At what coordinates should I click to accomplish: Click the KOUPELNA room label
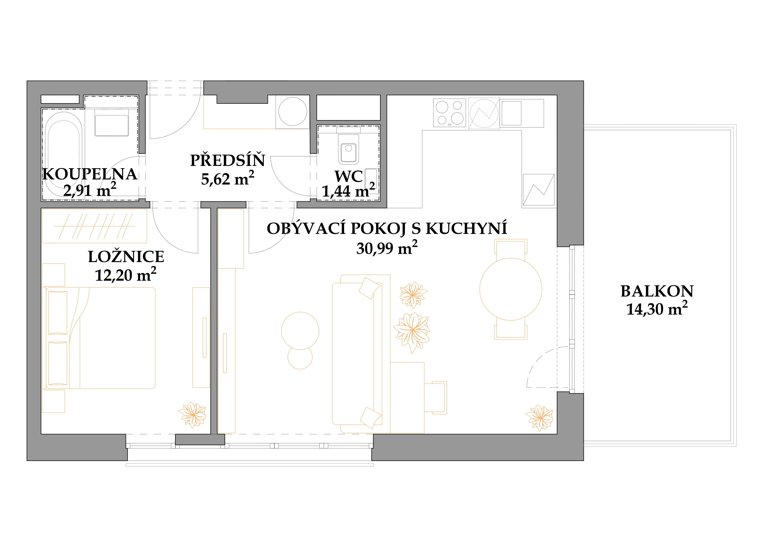(90, 174)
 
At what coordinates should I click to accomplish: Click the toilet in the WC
(348, 149)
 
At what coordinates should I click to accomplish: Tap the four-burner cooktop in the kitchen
(450, 113)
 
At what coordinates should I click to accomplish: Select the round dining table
(511, 289)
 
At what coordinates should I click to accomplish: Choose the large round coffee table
(300, 331)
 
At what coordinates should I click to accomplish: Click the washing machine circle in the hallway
(292, 111)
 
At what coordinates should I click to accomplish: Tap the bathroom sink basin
(111, 125)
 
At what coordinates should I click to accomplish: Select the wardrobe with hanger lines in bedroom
(94, 226)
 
